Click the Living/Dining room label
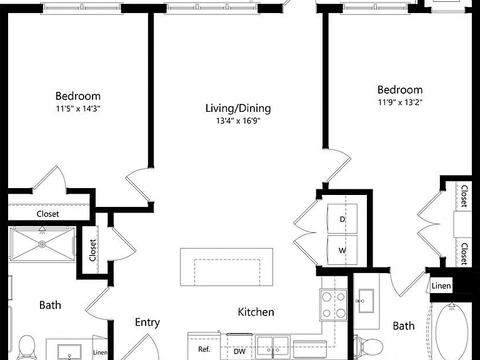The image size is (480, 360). [x=238, y=108]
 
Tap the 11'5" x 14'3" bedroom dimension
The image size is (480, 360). [x=78, y=108]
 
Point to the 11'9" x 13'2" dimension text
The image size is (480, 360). [x=400, y=102]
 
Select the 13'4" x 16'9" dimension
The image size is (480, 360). [x=238, y=121]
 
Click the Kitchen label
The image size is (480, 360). [x=256, y=312]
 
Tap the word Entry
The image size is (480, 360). [x=147, y=322]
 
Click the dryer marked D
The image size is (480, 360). [x=342, y=219]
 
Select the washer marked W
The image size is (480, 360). [x=342, y=250]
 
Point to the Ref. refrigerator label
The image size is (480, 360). [x=204, y=349]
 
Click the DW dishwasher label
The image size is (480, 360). [x=239, y=351]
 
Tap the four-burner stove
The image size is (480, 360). [x=334, y=305]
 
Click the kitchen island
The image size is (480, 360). [x=226, y=267]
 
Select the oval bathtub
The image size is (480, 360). [x=452, y=332]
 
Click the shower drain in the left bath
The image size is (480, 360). [x=42, y=244]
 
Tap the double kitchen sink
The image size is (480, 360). [x=272, y=345]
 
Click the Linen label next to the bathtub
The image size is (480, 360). [x=441, y=286]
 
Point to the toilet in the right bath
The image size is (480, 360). [x=368, y=346]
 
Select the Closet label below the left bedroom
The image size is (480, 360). [x=47, y=214]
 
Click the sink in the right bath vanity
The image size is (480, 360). [x=366, y=301]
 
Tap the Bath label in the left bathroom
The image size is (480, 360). [x=50, y=305]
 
